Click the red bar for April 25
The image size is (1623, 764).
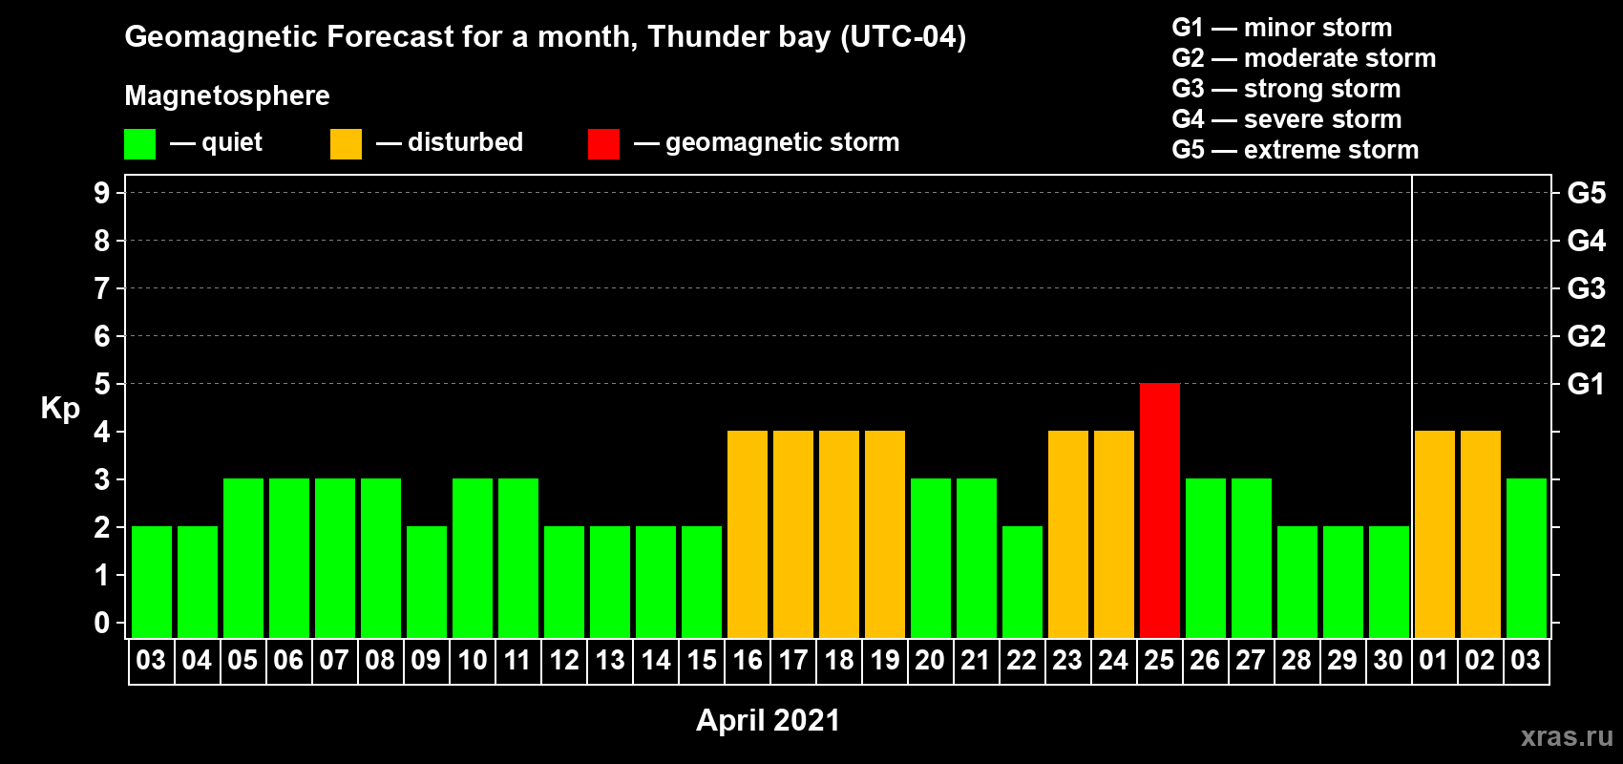tap(1160, 510)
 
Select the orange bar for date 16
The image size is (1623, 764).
tap(748, 534)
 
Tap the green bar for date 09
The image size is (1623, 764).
tap(427, 582)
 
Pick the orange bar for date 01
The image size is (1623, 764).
tap(1435, 534)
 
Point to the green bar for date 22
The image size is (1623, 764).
tap(1022, 582)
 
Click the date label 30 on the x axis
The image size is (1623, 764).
tap(1388, 660)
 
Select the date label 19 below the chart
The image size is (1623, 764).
tap(885, 660)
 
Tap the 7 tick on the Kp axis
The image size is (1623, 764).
tap(101, 288)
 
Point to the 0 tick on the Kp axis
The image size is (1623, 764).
tap(101, 623)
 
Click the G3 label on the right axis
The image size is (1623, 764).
tap(1587, 288)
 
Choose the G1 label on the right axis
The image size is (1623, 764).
tap(1587, 384)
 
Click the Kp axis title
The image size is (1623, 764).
tap(60, 409)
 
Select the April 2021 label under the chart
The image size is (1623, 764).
tap(768, 720)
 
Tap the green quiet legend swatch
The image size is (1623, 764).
tap(139, 143)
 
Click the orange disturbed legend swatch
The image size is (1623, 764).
tap(346, 143)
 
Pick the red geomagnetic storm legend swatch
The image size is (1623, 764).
tap(603, 143)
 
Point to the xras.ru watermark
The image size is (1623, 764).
tap(1567, 736)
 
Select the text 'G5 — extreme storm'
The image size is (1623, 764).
tap(1295, 150)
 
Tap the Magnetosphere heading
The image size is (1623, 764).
tap(227, 95)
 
